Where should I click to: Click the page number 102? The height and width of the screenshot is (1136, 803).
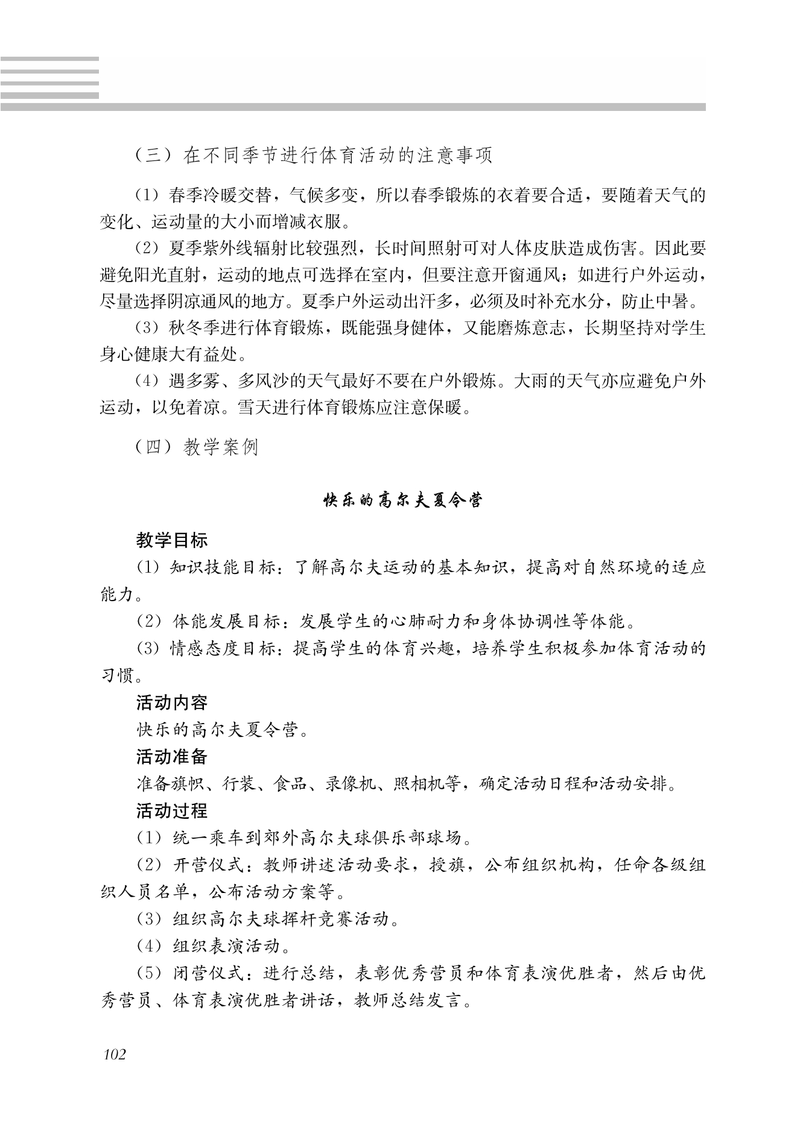(x=115, y=1055)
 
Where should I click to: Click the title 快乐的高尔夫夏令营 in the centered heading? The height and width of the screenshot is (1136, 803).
(x=402, y=501)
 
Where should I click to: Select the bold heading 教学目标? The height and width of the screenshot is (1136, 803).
(x=172, y=540)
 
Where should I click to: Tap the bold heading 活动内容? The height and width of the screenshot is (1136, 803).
(x=172, y=702)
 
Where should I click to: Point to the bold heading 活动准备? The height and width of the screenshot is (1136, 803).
(x=172, y=757)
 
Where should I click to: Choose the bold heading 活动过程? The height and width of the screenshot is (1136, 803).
(x=172, y=811)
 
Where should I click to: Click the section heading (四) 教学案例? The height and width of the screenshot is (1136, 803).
(x=197, y=447)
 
